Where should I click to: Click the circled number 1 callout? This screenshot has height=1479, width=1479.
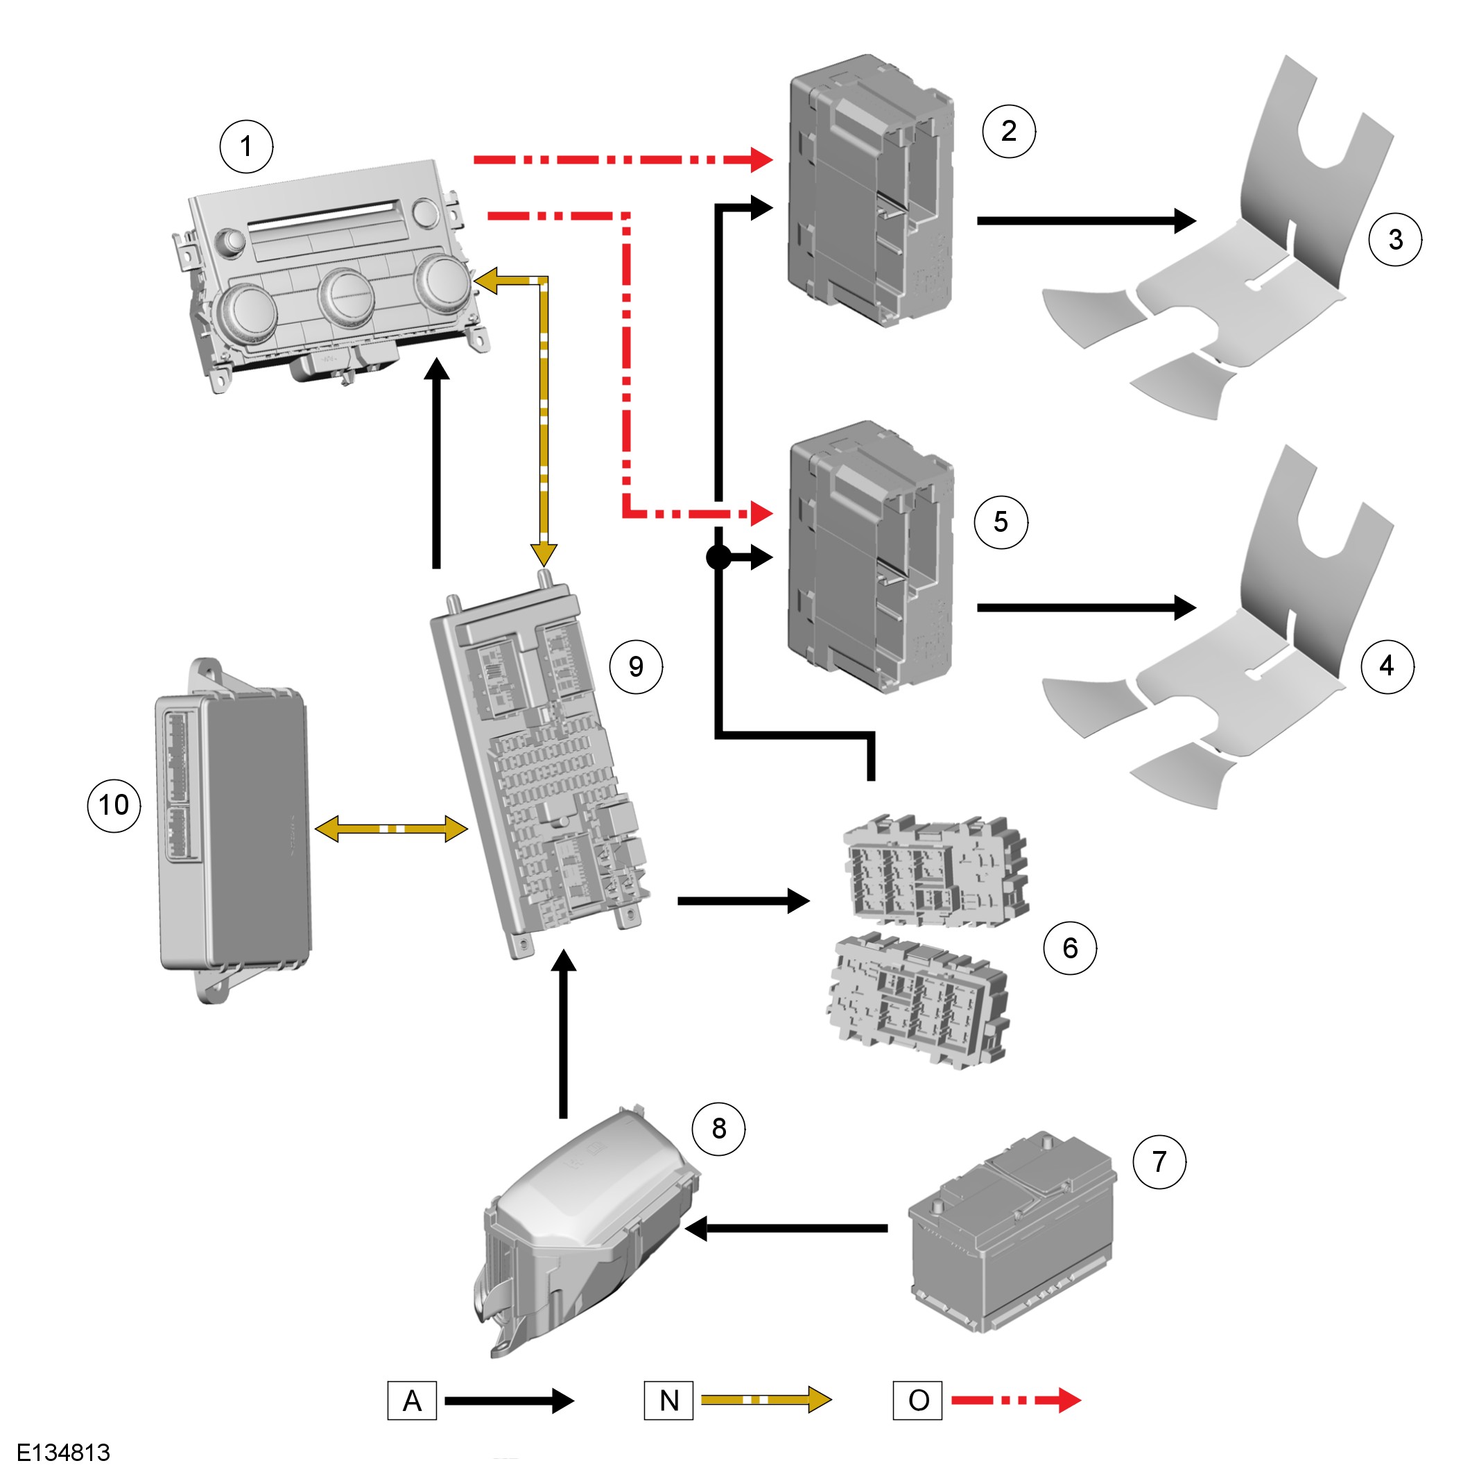(x=245, y=146)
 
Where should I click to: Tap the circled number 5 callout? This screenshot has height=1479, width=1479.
(x=1001, y=522)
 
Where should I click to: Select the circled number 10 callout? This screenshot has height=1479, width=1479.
(x=114, y=804)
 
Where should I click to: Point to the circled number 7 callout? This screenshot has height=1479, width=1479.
(x=1159, y=1161)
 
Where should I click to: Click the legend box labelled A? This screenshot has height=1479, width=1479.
(x=412, y=1400)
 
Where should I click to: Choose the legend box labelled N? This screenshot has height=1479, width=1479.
(x=668, y=1400)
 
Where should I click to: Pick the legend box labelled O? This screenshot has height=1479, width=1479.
(x=917, y=1400)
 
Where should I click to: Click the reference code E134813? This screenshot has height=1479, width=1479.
(x=64, y=1452)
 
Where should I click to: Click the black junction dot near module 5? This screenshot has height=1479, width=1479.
(x=719, y=557)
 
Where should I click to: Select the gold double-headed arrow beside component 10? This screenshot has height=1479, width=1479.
(x=391, y=829)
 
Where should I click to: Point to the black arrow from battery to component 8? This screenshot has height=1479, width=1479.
(x=786, y=1229)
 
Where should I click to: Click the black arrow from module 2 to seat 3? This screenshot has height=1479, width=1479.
(x=1087, y=220)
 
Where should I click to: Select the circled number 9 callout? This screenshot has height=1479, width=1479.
(x=636, y=667)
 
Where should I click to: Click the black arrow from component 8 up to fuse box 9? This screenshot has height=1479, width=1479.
(x=564, y=1033)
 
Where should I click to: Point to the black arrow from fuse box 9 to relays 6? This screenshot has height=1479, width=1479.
(x=743, y=901)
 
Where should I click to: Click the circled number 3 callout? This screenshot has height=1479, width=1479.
(x=1396, y=240)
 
